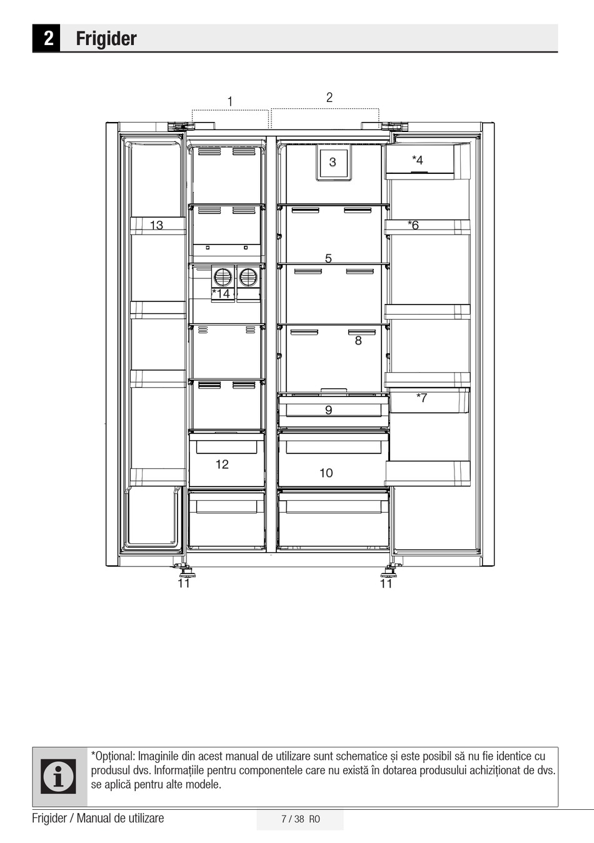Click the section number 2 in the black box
pos(49,38)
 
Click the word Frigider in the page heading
pos(106,38)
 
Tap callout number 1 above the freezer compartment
pos(230,101)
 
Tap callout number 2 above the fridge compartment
pos(329,98)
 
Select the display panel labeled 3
pos(333,163)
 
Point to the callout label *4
pos(418,160)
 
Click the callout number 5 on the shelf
pos(328,258)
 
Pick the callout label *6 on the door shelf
pos(413,225)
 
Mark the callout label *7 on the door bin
pos(421,397)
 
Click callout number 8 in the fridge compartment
pos(358,341)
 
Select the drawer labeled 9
pos(333,410)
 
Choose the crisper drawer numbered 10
pos(333,460)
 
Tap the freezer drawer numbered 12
pos(226,460)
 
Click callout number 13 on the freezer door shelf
pos(156,225)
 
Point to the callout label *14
pos(221,293)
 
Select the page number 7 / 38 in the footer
pos(293,819)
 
